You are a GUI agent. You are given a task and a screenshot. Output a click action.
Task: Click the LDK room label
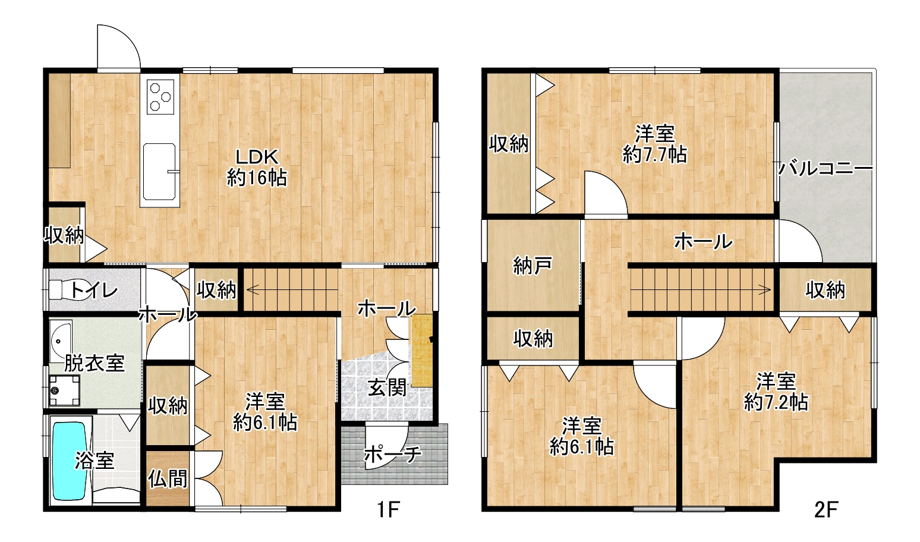pyautogui.click(x=257, y=157)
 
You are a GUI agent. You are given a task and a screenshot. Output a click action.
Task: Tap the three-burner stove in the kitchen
pyautogui.click(x=160, y=96)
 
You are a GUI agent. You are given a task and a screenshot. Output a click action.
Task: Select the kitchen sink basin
pyautogui.click(x=159, y=172)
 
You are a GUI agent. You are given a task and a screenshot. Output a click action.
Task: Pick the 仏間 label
pyautogui.click(x=168, y=479)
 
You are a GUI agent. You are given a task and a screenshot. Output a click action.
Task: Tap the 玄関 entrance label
pyautogui.click(x=387, y=387)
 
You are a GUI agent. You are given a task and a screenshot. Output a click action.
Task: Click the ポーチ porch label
pyautogui.click(x=393, y=454)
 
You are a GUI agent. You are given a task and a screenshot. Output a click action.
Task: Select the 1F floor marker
pyautogui.click(x=388, y=509)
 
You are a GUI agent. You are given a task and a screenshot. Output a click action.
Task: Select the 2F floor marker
pyautogui.click(x=826, y=509)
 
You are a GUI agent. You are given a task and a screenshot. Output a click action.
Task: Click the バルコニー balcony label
pyautogui.click(x=825, y=168)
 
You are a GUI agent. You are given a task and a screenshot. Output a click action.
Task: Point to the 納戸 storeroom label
pyautogui.click(x=533, y=266)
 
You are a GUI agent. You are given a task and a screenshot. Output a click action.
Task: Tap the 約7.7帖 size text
pyautogui.click(x=655, y=155)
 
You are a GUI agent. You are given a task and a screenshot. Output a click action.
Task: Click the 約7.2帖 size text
pyautogui.click(x=776, y=403)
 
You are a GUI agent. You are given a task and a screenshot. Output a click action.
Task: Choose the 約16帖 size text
pyautogui.click(x=257, y=178)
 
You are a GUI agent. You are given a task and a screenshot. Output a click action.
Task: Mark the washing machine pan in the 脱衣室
pyautogui.click(x=64, y=390)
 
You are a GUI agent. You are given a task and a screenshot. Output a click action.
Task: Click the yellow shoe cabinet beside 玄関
pyautogui.click(x=422, y=350)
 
